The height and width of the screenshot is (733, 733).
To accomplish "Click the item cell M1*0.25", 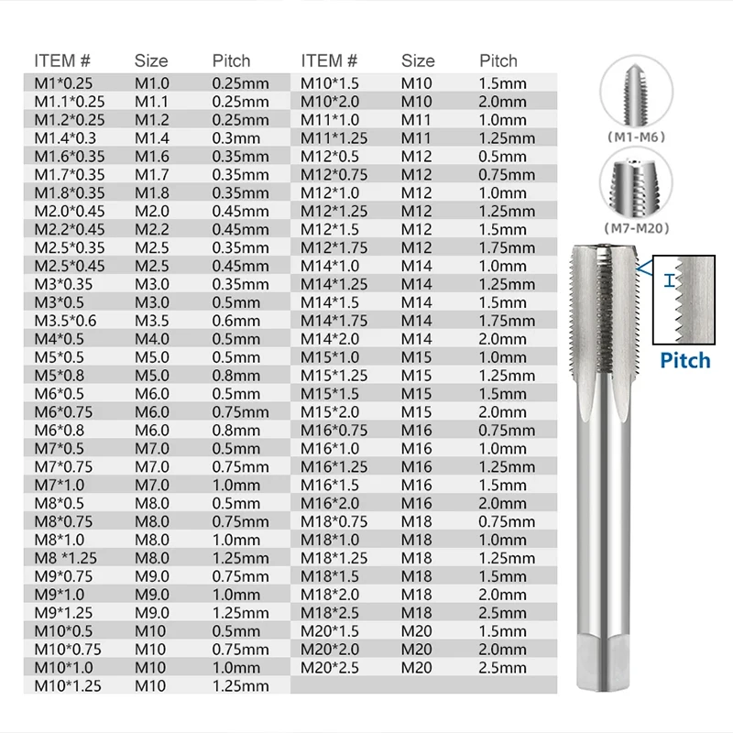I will point(70,82).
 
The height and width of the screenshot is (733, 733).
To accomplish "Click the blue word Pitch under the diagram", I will point(685,359).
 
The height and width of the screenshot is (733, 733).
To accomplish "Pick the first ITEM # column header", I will point(62,60).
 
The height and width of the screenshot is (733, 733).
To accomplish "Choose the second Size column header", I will point(418,60).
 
